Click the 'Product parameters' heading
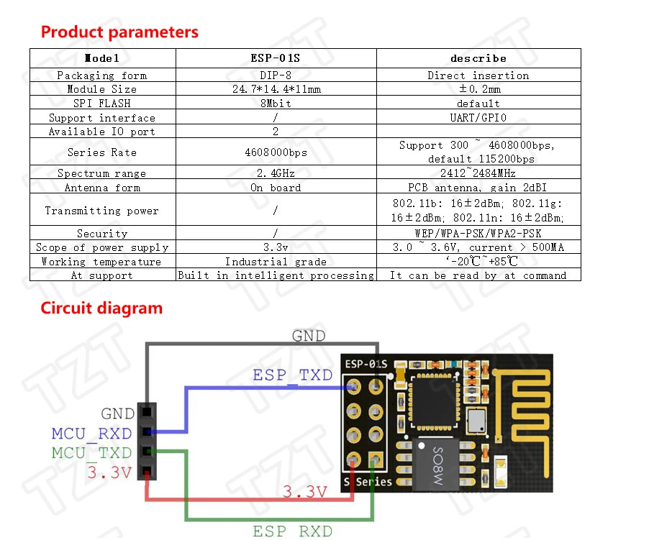[119, 32]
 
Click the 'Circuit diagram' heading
[101, 308]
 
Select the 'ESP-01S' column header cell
[276, 58]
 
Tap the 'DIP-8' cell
[276, 75]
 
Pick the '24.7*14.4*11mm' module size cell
[276, 89]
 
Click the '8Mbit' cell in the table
[276, 104]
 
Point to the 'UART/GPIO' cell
[478, 118]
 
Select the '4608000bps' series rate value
[276, 152]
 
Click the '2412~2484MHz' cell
[478, 173]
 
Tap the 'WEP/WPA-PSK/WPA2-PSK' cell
[478, 234]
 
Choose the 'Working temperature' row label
[101, 262]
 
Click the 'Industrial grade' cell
[276, 262]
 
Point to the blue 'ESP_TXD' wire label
[292, 375]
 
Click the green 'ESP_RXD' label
[292, 531]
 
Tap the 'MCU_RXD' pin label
[91, 434]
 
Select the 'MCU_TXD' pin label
[91, 453]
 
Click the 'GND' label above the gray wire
[308, 336]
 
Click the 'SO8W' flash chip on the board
[437, 464]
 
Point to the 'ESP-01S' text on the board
[366, 364]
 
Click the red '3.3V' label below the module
[304, 493]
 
